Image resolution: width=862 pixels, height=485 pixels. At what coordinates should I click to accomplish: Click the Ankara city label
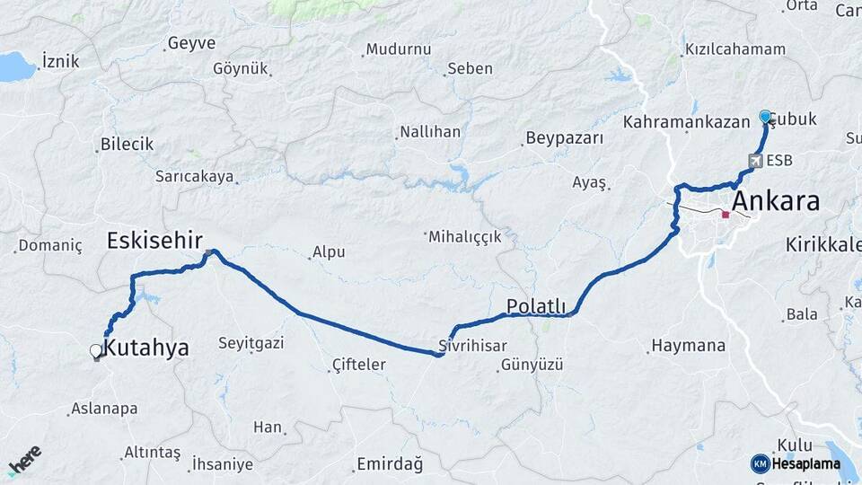[x=776, y=201]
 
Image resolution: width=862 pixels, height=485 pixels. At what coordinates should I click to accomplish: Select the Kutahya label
[x=146, y=348]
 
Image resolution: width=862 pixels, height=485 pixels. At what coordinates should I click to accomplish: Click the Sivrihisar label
[x=473, y=346]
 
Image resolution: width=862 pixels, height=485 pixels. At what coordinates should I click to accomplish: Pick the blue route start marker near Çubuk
[x=765, y=116]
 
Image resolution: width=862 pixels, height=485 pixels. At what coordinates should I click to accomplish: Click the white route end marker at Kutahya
[x=96, y=351]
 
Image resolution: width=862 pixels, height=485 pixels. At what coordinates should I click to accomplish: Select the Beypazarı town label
[x=564, y=138]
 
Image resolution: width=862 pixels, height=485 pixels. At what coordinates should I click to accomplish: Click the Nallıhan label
[x=430, y=132]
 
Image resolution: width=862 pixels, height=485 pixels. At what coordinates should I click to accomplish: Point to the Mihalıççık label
[x=464, y=236]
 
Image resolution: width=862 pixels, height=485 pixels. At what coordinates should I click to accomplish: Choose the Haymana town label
[x=688, y=345]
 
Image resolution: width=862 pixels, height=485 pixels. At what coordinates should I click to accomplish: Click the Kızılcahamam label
[x=735, y=48]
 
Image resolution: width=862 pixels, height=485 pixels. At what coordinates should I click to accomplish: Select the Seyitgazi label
[x=251, y=343]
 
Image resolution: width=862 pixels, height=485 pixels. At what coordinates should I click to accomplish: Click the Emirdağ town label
[x=390, y=463]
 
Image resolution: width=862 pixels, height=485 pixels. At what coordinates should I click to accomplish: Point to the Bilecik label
[x=127, y=144]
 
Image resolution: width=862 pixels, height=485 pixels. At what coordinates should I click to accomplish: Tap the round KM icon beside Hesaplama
[x=761, y=463]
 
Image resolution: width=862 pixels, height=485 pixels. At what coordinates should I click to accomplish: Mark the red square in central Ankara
[x=726, y=215]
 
